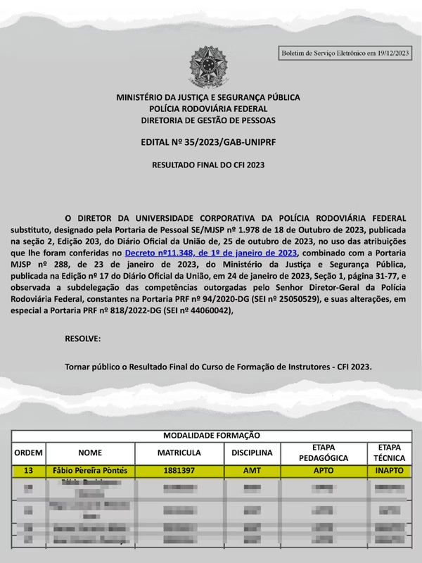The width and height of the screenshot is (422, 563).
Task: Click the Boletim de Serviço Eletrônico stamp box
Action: [344, 53]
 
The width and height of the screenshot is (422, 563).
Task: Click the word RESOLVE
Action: [82, 339]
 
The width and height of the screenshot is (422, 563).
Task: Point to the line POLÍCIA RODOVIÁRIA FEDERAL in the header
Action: [208, 109]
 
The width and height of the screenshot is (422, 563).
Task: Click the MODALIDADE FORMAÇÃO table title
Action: [212, 436]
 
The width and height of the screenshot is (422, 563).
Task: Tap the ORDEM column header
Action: [29, 453]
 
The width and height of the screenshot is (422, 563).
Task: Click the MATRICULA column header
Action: [179, 453]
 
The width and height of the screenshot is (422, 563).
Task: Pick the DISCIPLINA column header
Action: [252, 453]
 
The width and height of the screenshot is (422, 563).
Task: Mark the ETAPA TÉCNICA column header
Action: [389, 453]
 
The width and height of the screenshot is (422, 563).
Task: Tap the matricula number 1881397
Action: [179, 470]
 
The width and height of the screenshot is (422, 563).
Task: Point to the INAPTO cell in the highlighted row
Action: [389, 470]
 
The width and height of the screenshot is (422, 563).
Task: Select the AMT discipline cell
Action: [252, 470]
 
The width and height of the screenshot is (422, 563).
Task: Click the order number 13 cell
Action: [29, 470]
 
